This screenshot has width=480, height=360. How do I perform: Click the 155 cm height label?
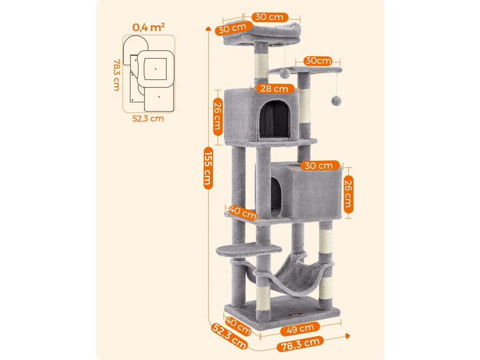pyautogui.click(x=208, y=168)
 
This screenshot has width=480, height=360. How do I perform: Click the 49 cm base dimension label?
pyautogui.click(x=300, y=330)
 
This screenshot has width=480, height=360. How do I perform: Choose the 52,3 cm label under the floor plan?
pyautogui.click(x=148, y=118)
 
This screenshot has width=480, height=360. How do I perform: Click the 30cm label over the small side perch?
pyautogui.click(x=317, y=61)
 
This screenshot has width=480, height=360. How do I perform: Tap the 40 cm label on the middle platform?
pyautogui.click(x=243, y=212)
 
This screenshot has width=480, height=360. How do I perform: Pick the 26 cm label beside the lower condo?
pyautogui.click(x=348, y=194)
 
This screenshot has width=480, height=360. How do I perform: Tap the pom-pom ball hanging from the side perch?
pyautogui.click(x=335, y=101)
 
